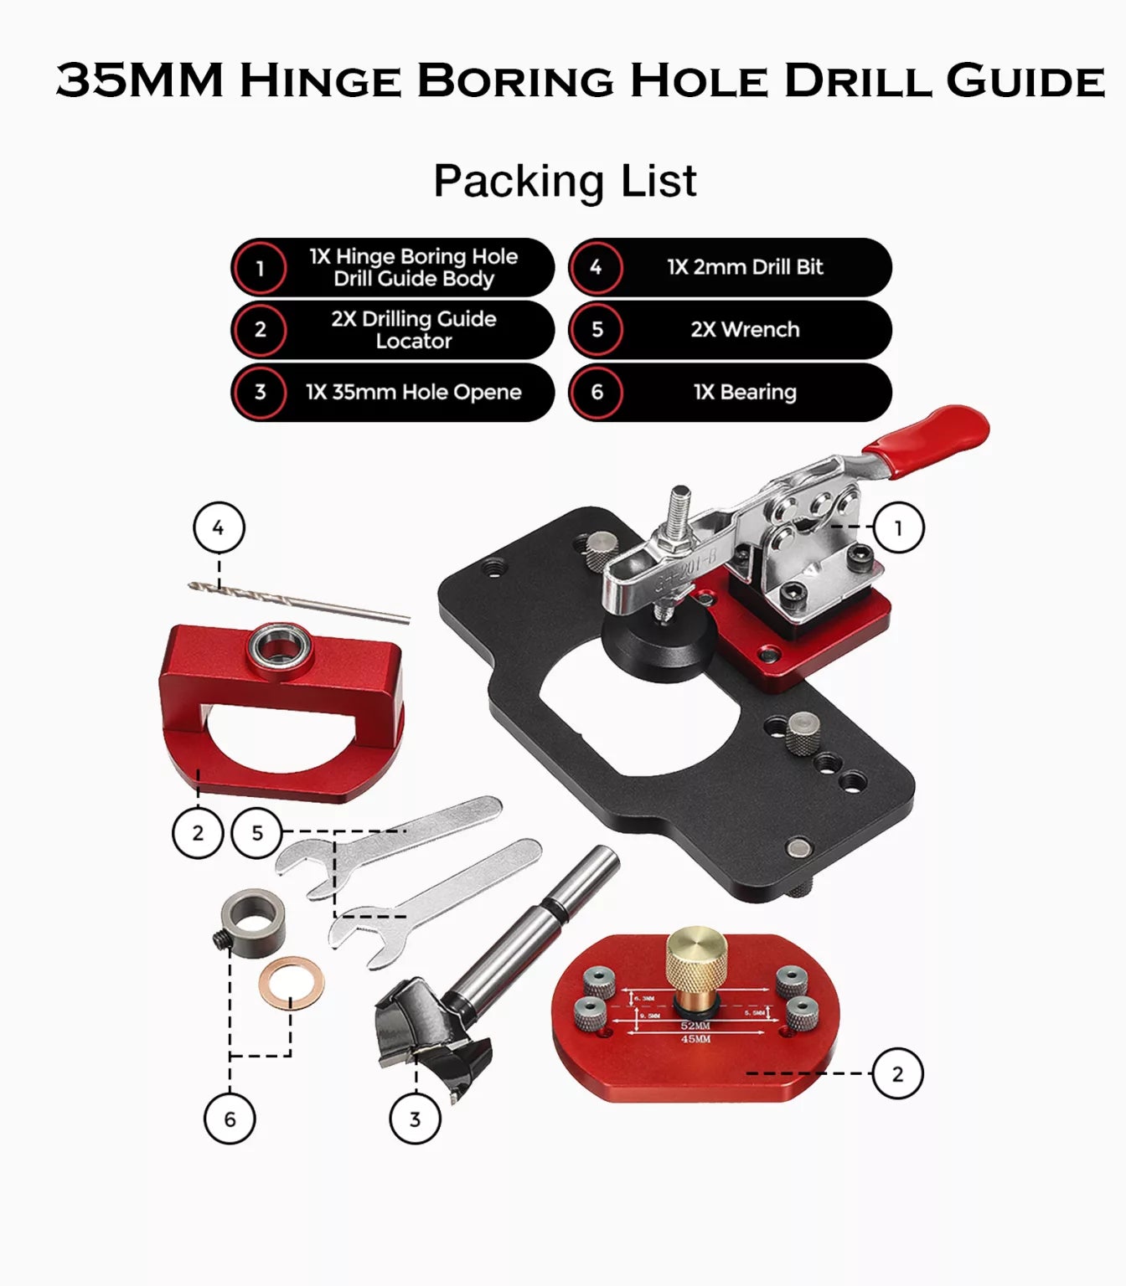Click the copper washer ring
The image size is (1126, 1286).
tap(291, 983)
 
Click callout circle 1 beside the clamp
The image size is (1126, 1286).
tap(898, 528)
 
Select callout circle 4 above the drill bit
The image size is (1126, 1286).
tap(219, 528)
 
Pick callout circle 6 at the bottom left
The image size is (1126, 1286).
tap(230, 1119)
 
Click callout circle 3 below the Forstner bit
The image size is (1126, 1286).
tap(415, 1119)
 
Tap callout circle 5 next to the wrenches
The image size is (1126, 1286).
tap(257, 833)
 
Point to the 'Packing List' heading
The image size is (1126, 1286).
tap(564, 181)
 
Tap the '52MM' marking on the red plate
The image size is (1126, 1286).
tap(695, 1026)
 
